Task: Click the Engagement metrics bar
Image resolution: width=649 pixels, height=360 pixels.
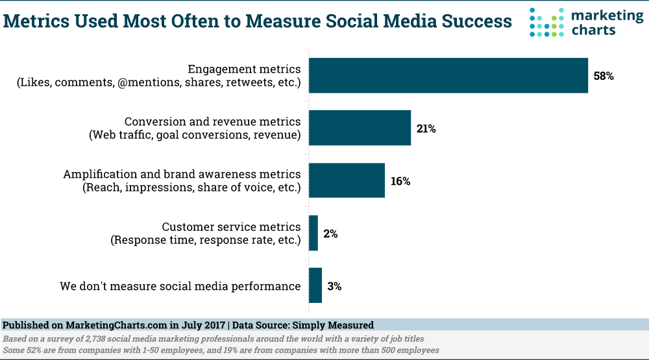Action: [448, 75]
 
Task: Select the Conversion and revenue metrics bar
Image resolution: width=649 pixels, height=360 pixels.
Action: [360, 128]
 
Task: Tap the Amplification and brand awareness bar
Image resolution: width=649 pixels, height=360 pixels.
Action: [347, 180]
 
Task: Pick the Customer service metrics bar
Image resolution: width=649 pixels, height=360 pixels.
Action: [313, 233]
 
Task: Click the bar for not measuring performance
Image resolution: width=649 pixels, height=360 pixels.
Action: [315, 285]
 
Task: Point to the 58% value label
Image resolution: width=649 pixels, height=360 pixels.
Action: [604, 76]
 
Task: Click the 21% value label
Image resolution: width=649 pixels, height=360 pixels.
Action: [426, 128]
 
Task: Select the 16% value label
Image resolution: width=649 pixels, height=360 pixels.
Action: [400, 181]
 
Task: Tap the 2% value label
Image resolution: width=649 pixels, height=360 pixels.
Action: [330, 234]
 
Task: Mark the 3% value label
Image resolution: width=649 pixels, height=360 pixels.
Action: [334, 286]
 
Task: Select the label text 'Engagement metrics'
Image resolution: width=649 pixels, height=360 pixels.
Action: [244, 69]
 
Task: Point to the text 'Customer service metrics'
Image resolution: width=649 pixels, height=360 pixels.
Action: [231, 227]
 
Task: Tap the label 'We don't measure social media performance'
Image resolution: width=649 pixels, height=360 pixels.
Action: [180, 286]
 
